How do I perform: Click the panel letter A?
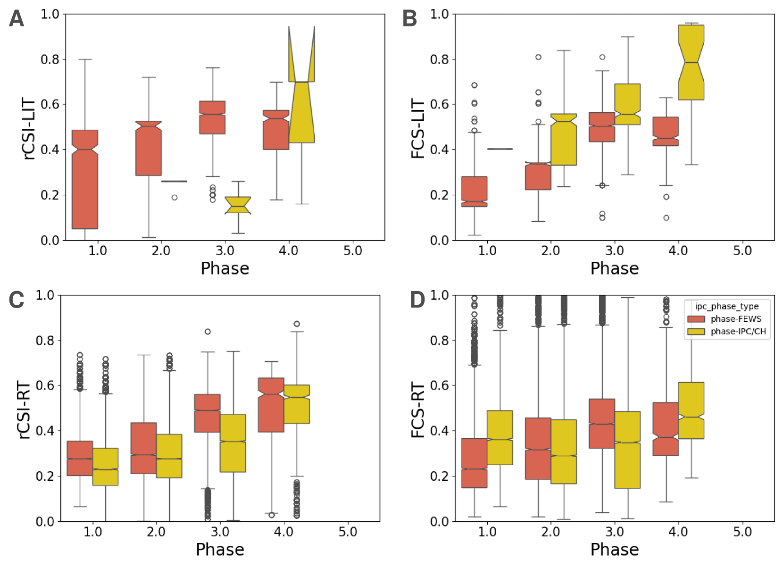click(17, 19)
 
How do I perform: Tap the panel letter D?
click(417, 300)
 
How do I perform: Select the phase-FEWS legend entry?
click(735, 319)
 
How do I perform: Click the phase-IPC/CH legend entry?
click(738, 332)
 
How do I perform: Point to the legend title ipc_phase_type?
click(726, 306)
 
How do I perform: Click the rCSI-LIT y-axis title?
click(29, 128)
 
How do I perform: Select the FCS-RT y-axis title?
click(418, 409)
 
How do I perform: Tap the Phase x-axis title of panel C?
click(220, 550)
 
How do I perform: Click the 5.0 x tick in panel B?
click(742, 251)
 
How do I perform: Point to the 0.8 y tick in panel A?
click(50, 59)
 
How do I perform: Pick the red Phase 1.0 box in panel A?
click(85, 179)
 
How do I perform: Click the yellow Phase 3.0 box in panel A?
click(238, 205)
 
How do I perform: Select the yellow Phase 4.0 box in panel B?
click(691, 62)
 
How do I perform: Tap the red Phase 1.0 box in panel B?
click(475, 192)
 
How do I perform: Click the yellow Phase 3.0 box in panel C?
click(233, 443)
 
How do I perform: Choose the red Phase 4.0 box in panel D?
click(666, 429)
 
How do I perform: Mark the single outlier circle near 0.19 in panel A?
click(175, 198)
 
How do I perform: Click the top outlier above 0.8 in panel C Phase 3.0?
click(208, 332)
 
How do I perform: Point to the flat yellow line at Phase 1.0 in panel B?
click(500, 149)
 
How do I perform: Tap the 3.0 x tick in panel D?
click(614, 532)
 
